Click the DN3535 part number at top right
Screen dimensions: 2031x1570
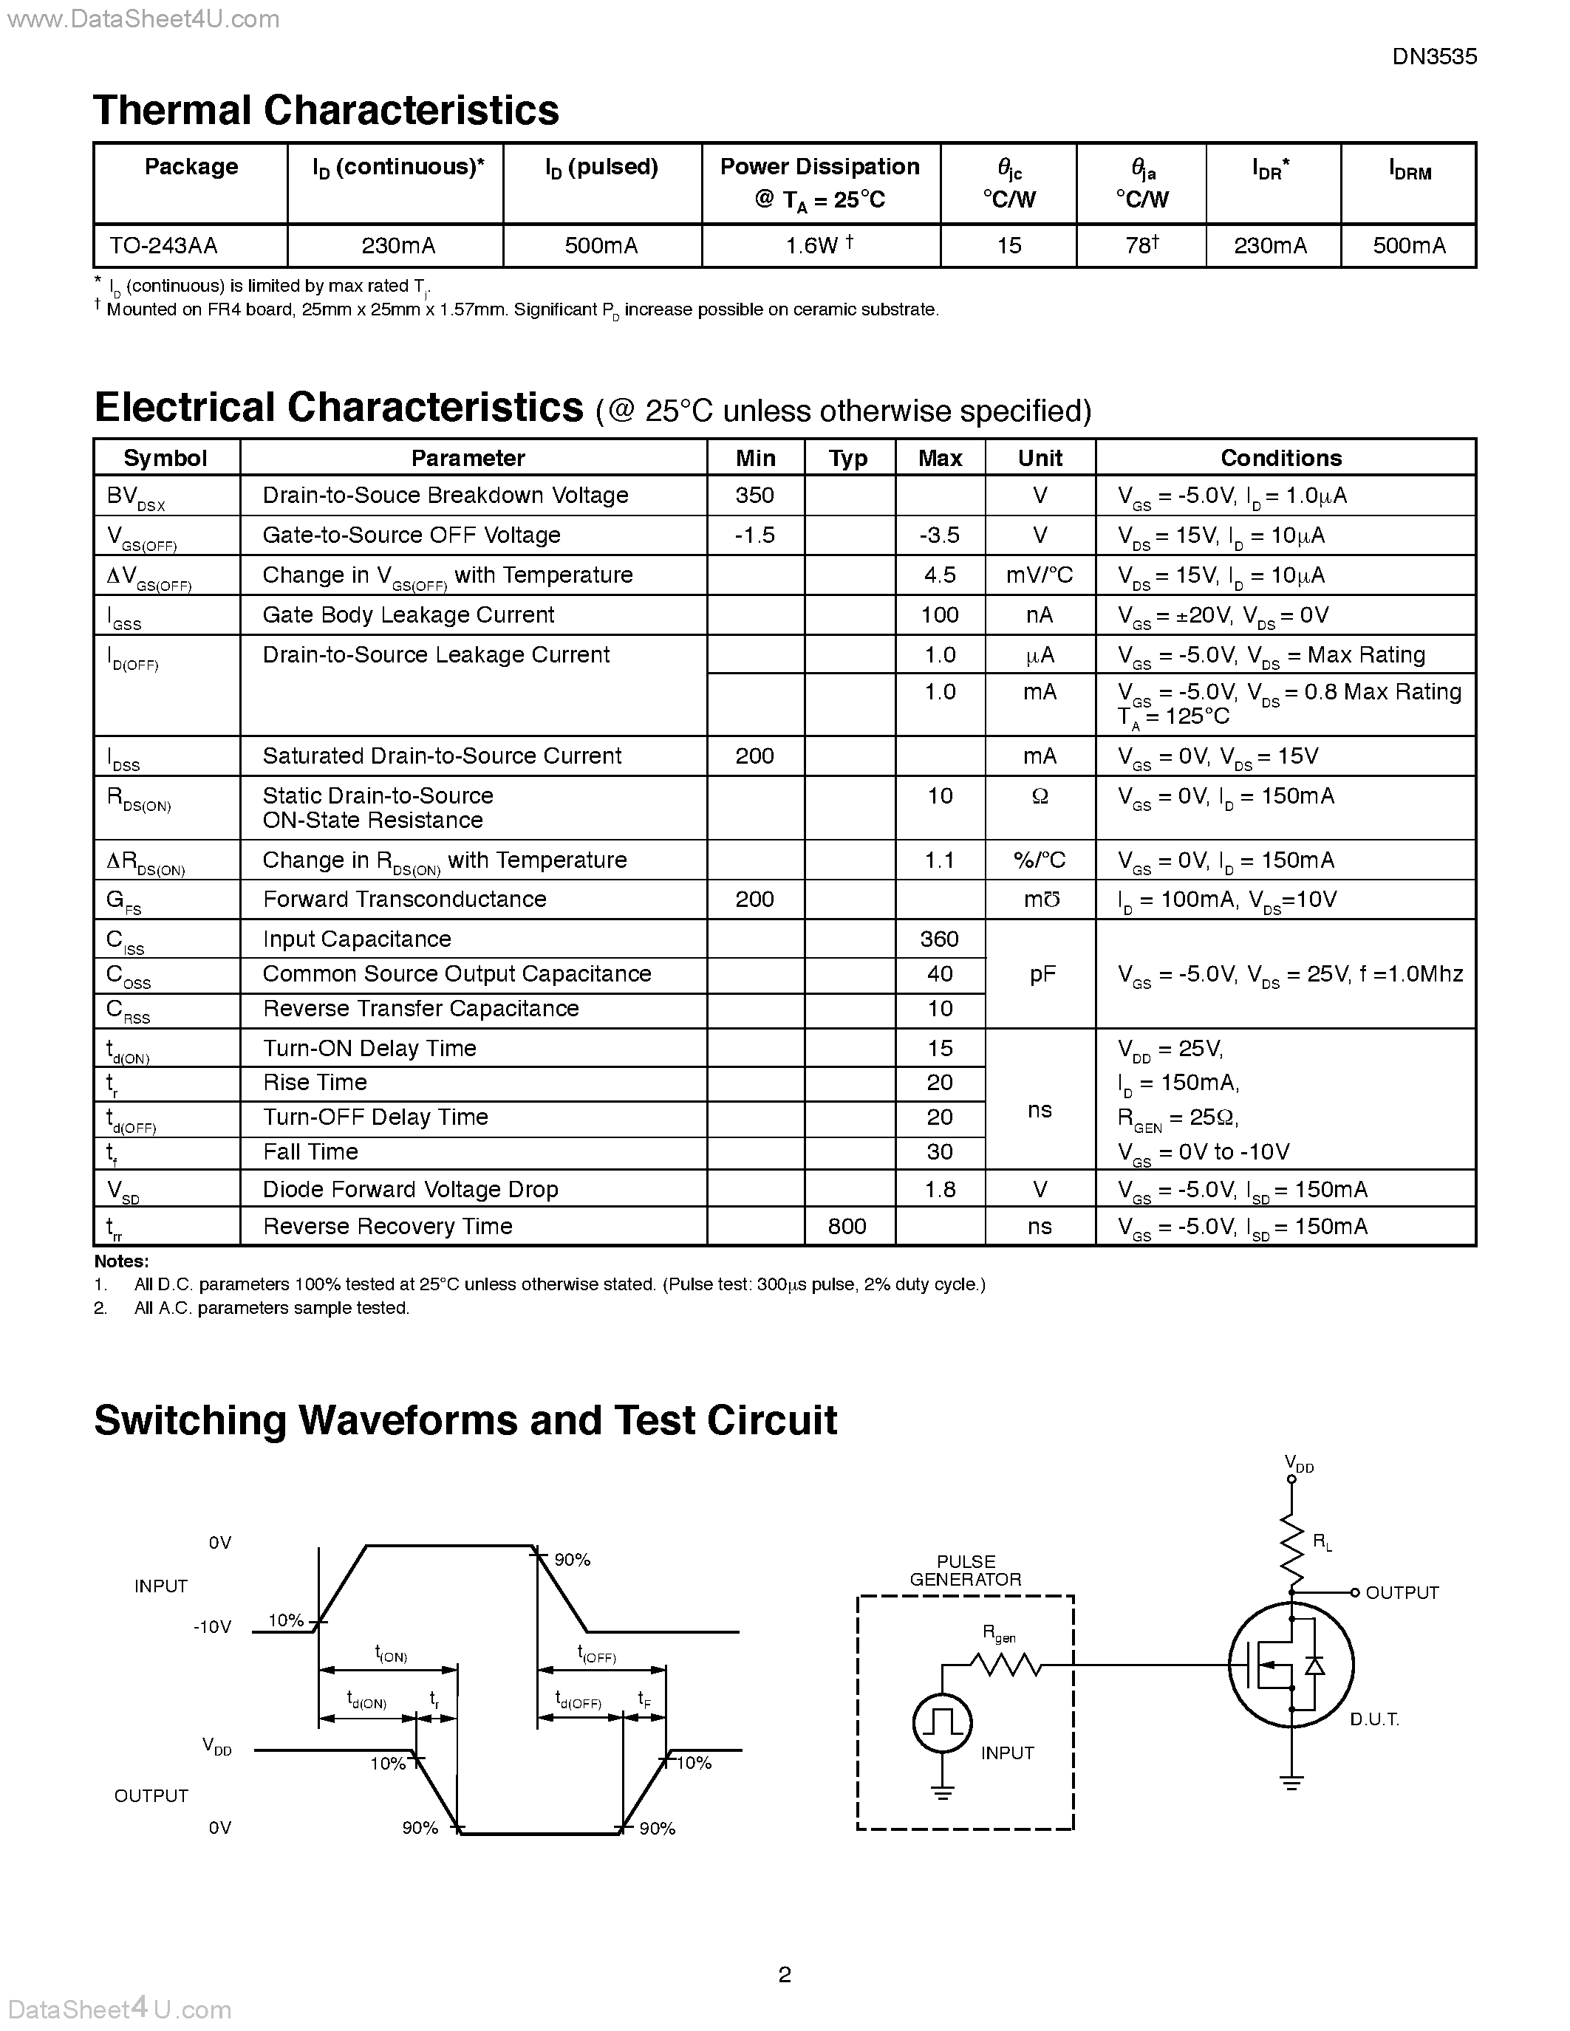(1433, 57)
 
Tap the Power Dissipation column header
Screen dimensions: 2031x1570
(819, 182)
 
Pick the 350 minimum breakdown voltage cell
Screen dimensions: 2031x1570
(754, 496)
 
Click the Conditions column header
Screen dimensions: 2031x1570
(1280, 458)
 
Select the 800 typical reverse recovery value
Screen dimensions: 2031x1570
(847, 1227)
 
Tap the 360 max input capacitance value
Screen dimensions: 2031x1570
(939, 939)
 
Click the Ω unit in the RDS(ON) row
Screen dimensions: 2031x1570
(1040, 797)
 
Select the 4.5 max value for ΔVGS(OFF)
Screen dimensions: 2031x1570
(939, 575)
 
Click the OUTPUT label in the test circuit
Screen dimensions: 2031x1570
(1401, 1593)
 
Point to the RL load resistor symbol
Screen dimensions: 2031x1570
(1291, 1551)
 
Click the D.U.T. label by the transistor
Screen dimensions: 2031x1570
(1373, 1720)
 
